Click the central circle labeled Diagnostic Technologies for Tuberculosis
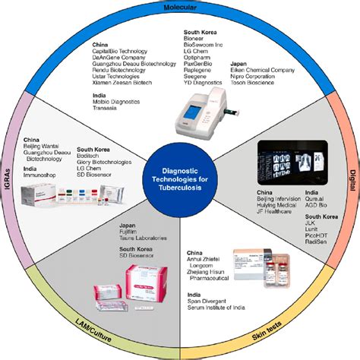click(x=180, y=180)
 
